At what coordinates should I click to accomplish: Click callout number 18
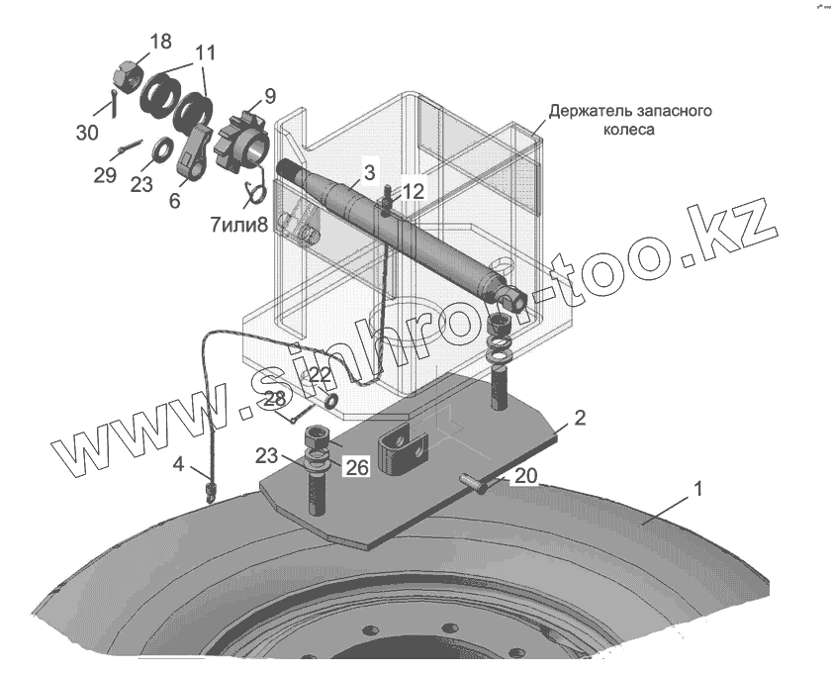pos(160,42)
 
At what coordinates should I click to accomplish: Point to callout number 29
pos(106,175)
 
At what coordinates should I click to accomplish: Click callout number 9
pos(270,96)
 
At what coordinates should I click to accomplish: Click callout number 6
pos(176,201)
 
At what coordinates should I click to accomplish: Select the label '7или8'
pos(238,224)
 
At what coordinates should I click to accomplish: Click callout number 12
pos(414,191)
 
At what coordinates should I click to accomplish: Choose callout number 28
pos(274,398)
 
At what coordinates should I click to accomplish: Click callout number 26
pos(356,467)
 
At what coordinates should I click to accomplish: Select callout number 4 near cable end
pos(178,463)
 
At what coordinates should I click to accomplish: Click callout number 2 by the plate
pos(580,418)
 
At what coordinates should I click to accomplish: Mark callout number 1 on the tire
pos(697,488)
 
